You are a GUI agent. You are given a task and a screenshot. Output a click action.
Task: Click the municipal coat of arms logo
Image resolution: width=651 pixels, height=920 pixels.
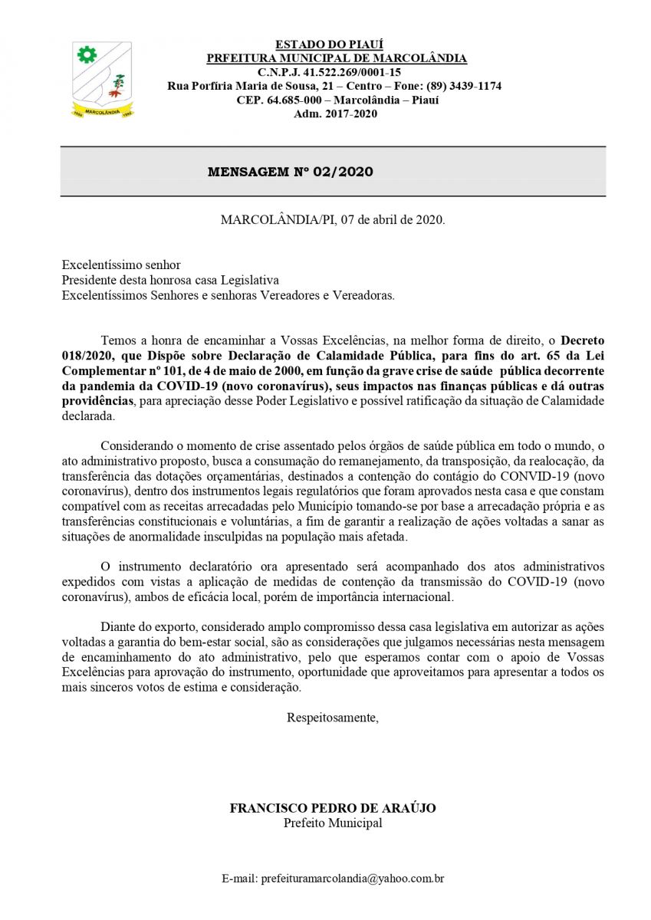point(102,80)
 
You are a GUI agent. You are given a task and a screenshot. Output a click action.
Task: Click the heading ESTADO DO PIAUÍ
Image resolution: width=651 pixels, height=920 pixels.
point(330,44)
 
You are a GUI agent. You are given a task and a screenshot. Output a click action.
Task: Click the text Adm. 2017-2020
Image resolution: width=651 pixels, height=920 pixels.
point(335,113)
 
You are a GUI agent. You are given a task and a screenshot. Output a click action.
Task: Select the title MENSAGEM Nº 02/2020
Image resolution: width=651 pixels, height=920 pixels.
point(291,172)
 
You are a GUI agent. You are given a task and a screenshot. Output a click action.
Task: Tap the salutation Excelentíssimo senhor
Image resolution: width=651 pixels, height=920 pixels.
point(121,265)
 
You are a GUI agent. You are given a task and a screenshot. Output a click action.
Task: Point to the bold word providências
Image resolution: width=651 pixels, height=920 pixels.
point(97,401)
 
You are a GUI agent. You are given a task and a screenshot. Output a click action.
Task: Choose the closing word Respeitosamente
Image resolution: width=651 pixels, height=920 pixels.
point(333,718)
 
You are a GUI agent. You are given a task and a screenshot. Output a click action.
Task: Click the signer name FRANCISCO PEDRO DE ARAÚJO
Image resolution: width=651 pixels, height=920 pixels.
point(333,808)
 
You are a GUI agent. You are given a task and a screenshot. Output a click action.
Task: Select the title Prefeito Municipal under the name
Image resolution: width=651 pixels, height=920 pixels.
point(333,823)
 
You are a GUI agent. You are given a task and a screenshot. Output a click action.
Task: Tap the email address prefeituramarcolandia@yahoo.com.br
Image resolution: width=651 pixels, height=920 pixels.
point(353,878)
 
